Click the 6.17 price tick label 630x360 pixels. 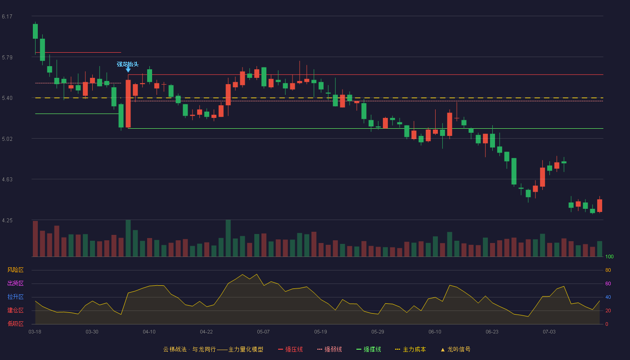(7, 17)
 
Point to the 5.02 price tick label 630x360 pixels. (7, 139)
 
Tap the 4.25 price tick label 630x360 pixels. (7, 220)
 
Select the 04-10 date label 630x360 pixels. (149, 332)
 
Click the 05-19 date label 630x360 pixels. (320, 332)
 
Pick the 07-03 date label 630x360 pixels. (549, 332)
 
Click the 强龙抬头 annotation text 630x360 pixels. (128, 64)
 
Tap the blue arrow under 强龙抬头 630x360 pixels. (128, 69)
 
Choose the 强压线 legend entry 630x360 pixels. (291, 349)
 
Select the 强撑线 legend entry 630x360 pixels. (369, 349)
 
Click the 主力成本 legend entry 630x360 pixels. (410, 349)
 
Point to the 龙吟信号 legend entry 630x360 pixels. (455, 349)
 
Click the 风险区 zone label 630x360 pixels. (15, 270)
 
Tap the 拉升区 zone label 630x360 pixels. (15, 297)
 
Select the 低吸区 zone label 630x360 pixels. (15, 324)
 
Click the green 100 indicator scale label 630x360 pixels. (609, 256)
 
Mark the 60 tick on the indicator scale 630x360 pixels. (608, 283)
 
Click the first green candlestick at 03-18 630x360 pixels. (35, 31)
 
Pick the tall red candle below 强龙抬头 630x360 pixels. (128, 103)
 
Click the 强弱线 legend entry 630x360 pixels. (329, 349)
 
